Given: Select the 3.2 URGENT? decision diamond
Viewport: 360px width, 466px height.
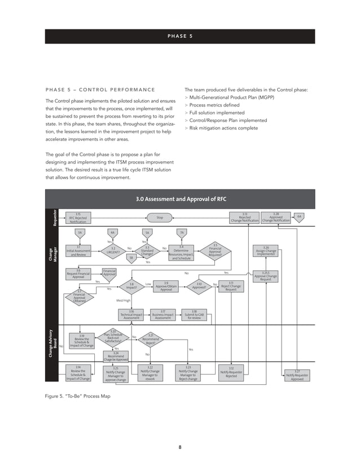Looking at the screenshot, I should point(113,250).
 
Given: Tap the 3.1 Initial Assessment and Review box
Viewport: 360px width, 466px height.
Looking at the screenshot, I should point(78,250).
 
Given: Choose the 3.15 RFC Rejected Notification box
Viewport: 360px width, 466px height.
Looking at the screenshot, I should point(78,218).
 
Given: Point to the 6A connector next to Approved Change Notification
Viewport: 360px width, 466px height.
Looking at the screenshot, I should point(300,216).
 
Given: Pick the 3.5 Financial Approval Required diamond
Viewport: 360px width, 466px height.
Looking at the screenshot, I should point(215,250).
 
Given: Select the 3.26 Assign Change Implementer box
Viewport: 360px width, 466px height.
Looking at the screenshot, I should point(266,250).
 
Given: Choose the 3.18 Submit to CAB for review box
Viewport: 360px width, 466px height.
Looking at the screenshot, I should point(194,314).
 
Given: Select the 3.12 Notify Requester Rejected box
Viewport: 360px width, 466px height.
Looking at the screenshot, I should point(231,373).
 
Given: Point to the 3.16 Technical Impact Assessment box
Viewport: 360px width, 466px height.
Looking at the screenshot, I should point(131,314).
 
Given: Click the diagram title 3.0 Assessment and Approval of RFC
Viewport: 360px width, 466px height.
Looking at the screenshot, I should point(179,199).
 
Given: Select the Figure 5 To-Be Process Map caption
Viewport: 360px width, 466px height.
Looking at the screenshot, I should point(77,397).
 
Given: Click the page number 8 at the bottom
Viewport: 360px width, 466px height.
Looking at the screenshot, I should point(179,447).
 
